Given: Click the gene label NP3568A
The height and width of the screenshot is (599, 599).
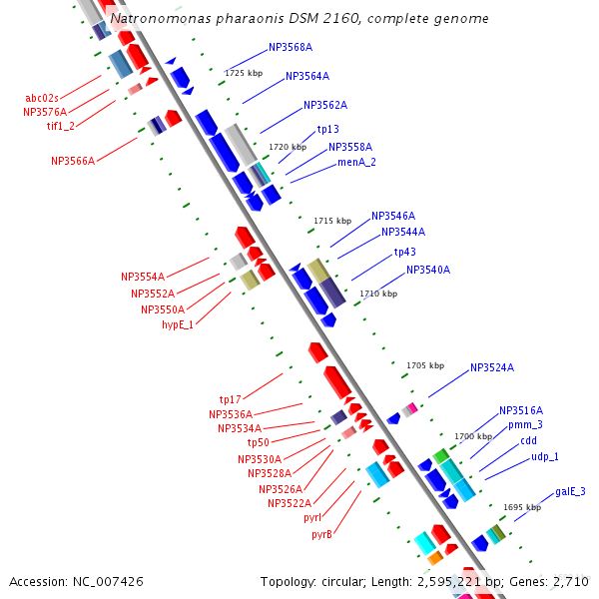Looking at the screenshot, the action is coord(291,47).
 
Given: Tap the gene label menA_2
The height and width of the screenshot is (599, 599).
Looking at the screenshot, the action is coord(356,162).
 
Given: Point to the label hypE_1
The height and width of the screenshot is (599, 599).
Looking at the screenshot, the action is coord(178,324).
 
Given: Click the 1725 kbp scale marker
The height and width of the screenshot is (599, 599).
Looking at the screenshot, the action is coord(244,73).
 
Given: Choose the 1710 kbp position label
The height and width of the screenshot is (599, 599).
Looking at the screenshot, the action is coord(377,294).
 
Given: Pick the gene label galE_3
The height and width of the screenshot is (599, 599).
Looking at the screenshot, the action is coord(570,491).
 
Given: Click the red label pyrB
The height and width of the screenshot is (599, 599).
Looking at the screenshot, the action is coord(321,534).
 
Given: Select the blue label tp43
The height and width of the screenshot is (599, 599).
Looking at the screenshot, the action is coord(404,252).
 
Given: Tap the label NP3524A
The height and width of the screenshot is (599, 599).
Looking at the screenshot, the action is coord(492,367).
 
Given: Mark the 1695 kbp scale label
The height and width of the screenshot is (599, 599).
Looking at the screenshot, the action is coord(521,507).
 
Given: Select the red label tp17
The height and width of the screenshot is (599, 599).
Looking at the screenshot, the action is coord(230,399).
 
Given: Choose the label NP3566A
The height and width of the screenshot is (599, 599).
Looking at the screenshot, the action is coord(73,161).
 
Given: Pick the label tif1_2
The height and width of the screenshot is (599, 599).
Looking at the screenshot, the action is coord(60,126).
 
